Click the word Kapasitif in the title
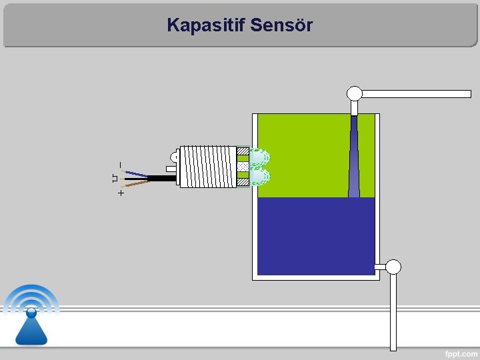click(205, 25)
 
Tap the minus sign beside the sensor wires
click(120, 164)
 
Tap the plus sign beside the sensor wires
click(120, 193)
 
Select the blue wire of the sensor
click(137, 174)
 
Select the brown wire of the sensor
click(136, 183)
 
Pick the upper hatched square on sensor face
click(243, 153)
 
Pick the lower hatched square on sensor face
click(243, 181)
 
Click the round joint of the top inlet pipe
click(355, 93)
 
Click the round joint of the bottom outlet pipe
click(393, 267)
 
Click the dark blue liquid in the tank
click(316, 236)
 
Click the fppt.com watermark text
click(461, 353)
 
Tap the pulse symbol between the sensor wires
click(114, 178)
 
